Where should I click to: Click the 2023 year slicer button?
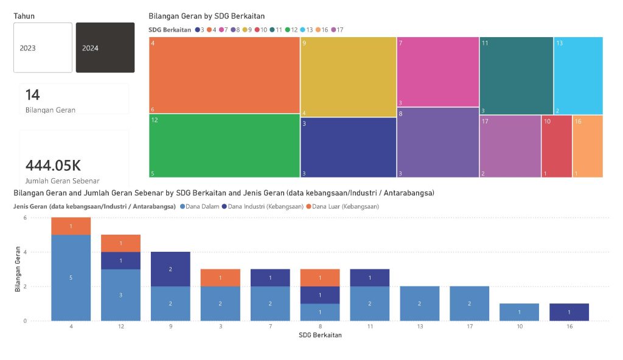coord(43,48)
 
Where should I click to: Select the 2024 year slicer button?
coord(105,48)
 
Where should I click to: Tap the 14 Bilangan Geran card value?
coord(33,94)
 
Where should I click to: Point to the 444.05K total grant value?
coord(53,165)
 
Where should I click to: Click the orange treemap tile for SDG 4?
coord(224,75)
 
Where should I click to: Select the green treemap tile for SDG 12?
coord(224,146)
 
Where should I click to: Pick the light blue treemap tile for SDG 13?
coord(578,75)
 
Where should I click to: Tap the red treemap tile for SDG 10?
coord(556,147)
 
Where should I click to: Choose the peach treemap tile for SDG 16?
coord(588,147)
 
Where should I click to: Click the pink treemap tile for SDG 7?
coord(437,71)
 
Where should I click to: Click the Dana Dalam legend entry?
coord(199,207)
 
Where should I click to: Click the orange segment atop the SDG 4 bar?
coord(71,226)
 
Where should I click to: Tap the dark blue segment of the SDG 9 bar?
coord(170,269)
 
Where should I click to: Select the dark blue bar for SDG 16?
coord(569,312)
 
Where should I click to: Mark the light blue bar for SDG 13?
coord(419,303)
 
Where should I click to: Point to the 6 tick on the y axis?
coord(25,218)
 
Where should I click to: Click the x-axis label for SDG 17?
coord(469,327)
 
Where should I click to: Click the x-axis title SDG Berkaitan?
coord(320,335)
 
